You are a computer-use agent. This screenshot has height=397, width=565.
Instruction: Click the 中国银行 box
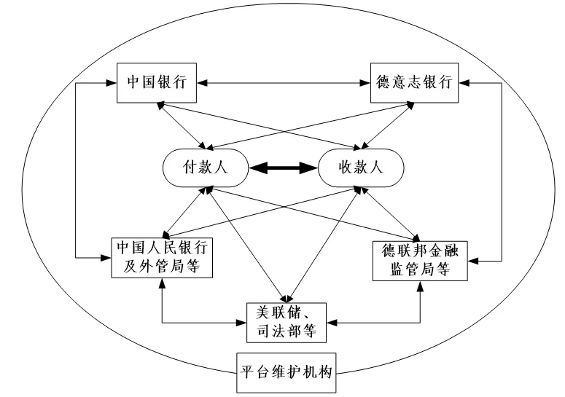point(156,82)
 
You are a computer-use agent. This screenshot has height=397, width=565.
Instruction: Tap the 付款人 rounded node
point(206,166)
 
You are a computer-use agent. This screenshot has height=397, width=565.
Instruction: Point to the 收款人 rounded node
point(361,166)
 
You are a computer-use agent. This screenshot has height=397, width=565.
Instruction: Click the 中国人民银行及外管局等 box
point(160,258)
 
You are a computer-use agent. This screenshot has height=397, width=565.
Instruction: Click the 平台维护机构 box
point(286,371)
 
